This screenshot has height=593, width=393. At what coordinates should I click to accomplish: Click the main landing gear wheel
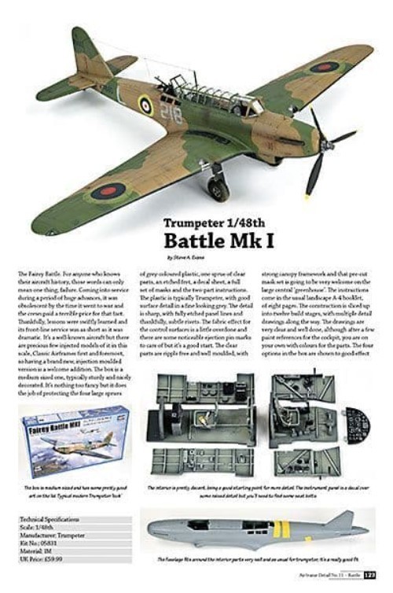(218, 189)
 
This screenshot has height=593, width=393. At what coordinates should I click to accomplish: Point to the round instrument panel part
(357, 425)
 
